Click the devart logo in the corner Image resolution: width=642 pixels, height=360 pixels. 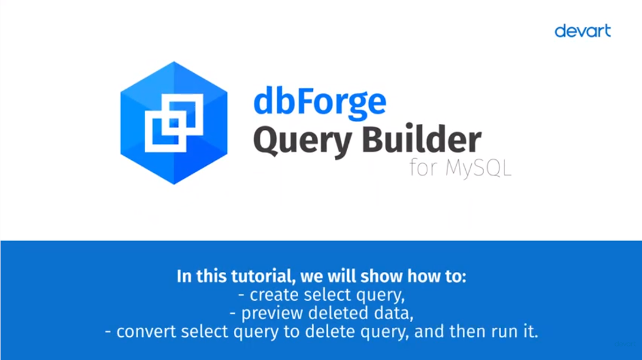point(583,31)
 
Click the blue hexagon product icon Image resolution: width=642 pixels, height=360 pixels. point(174,123)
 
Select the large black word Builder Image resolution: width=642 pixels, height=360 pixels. point(422,139)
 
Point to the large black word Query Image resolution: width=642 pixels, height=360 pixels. point(303,141)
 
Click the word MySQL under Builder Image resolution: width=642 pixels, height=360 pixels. point(478,168)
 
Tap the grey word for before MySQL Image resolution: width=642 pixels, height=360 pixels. point(424,167)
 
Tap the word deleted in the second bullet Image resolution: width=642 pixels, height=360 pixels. point(339,313)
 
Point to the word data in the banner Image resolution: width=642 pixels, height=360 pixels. point(393,313)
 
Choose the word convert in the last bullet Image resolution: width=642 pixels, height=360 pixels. point(146,332)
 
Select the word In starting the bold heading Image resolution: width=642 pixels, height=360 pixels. point(184,276)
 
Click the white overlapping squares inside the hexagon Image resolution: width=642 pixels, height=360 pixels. point(174,123)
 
